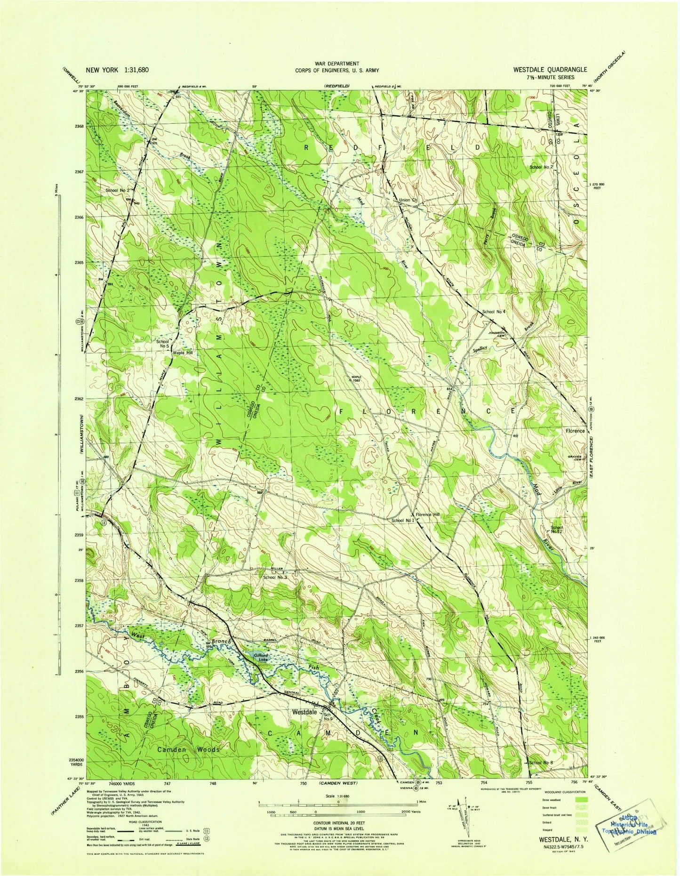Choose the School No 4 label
tap(494, 312)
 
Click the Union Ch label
tap(408, 201)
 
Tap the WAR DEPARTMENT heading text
tap(336, 64)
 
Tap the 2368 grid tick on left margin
tap(78, 126)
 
